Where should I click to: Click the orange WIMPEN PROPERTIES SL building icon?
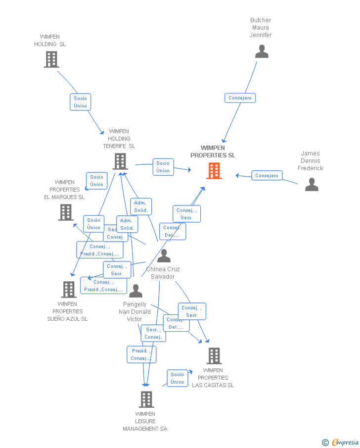click(214, 171)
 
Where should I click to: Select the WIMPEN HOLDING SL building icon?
click(51, 59)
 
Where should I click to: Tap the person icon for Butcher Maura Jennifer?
click(262, 51)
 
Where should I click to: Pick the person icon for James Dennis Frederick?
click(312, 184)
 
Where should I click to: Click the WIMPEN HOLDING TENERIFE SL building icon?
click(120, 161)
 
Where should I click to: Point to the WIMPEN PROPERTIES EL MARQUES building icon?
click(65, 212)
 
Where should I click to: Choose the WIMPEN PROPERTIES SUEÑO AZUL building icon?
click(68, 289)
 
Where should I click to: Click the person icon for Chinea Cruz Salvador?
click(164, 256)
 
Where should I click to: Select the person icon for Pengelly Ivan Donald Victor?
click(135, 291)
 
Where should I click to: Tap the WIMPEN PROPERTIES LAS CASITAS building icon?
click(214, 355)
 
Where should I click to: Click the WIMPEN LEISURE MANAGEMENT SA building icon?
click(146, 399)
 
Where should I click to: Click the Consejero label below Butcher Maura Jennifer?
click(240, 98)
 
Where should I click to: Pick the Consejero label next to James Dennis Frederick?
click(267, 175)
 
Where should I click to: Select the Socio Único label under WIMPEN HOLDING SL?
click(80, 102)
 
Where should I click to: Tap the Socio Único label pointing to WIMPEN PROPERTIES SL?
click(163, 167)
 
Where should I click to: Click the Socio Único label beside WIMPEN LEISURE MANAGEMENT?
click(177, 378)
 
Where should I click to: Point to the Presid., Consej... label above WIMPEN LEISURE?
click(141, 354)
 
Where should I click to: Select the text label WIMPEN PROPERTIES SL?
click(213, 151)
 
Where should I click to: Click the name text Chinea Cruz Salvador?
click(163, 273)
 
